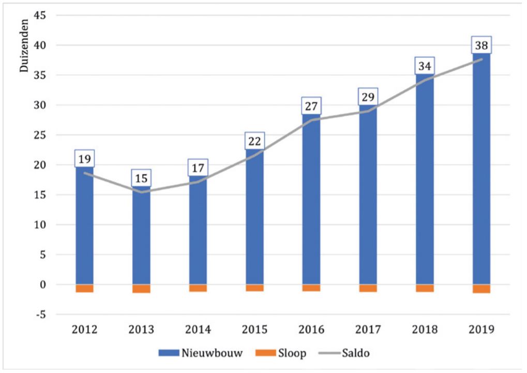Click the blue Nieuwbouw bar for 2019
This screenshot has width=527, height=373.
(x=481, y=171)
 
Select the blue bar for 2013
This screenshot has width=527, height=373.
(x=141, y=238)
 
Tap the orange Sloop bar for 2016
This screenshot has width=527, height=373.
(x=311, y=288)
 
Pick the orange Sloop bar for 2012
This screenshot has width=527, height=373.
(x=84, y=288)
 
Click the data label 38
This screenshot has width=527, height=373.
(x=481, y=46)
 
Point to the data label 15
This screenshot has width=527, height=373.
(x=141, y=179)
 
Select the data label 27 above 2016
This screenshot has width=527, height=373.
(x=311, y=107)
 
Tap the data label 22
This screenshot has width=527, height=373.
(x=254, y=141)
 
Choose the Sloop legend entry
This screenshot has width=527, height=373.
(x=282, y=354)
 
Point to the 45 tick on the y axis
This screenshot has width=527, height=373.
(x=41, y=16)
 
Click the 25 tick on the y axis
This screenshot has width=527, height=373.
(x=41, y=135)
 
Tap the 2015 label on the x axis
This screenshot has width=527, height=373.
(x=254, y=330)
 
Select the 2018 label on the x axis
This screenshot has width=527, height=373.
(x=424, y=330)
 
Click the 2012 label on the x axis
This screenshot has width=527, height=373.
(x=84, y=330)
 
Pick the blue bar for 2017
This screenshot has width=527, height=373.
(x=368, y=197)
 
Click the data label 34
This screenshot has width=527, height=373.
(x=425, y=67)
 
